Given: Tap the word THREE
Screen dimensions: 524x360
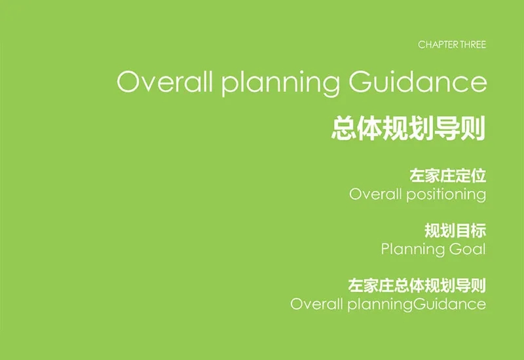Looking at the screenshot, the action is click(x=473, y=45).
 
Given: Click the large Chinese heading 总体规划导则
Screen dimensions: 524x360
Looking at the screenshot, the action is click(x=408, y=128).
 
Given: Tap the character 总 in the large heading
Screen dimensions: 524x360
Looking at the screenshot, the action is click(x=343, y=128).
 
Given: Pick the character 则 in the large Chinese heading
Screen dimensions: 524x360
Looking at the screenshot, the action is click(x=473, y=128).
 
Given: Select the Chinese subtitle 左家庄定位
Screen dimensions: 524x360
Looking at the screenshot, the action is click(x=448, y=176).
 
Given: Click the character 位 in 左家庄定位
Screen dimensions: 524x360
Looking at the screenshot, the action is click(x=479, y=176).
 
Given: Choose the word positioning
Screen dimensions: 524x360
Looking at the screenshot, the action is click(x=446, y=194).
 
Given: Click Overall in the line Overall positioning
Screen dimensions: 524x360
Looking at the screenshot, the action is click(x=375, y=194).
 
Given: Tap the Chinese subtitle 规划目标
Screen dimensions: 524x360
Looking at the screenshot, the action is click(x=455, y=231).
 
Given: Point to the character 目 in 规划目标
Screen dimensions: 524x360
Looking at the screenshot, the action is click(x=463, y=231).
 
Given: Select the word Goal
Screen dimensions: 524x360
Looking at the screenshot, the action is click(x=468, y=249).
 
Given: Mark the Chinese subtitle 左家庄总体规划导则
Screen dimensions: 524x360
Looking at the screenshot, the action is click(x=417, y=285).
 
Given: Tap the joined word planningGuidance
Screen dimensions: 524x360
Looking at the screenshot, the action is click(x=417, y=304).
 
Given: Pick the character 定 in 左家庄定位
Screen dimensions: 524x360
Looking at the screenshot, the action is click(x=463, y=176).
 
